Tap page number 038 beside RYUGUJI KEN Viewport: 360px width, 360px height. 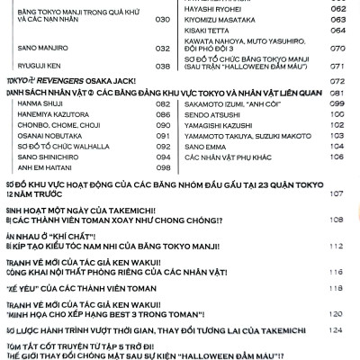(162, 66)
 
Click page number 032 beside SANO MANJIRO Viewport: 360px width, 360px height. (162, 49)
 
